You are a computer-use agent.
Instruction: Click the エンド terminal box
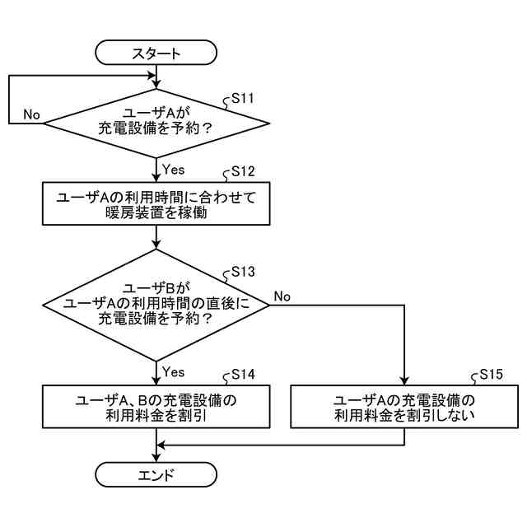tap(156, 474)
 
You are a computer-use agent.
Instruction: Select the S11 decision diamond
tap(156, 124)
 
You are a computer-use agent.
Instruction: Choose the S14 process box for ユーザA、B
tap(156, 407)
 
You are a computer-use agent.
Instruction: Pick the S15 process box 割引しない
tap(404, 407)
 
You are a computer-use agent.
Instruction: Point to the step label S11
tap(242, 98)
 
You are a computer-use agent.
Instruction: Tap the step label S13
tap(243, 271)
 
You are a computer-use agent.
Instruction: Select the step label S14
tap(243, 375)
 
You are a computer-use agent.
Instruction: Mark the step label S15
tap(492, 375)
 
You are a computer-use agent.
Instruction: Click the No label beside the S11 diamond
tap(31, 114)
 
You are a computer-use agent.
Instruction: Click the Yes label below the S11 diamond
tap(173, 170)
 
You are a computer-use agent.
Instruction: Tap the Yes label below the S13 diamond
tap(173, 371)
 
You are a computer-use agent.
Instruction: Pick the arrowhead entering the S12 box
tap(156, 178)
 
